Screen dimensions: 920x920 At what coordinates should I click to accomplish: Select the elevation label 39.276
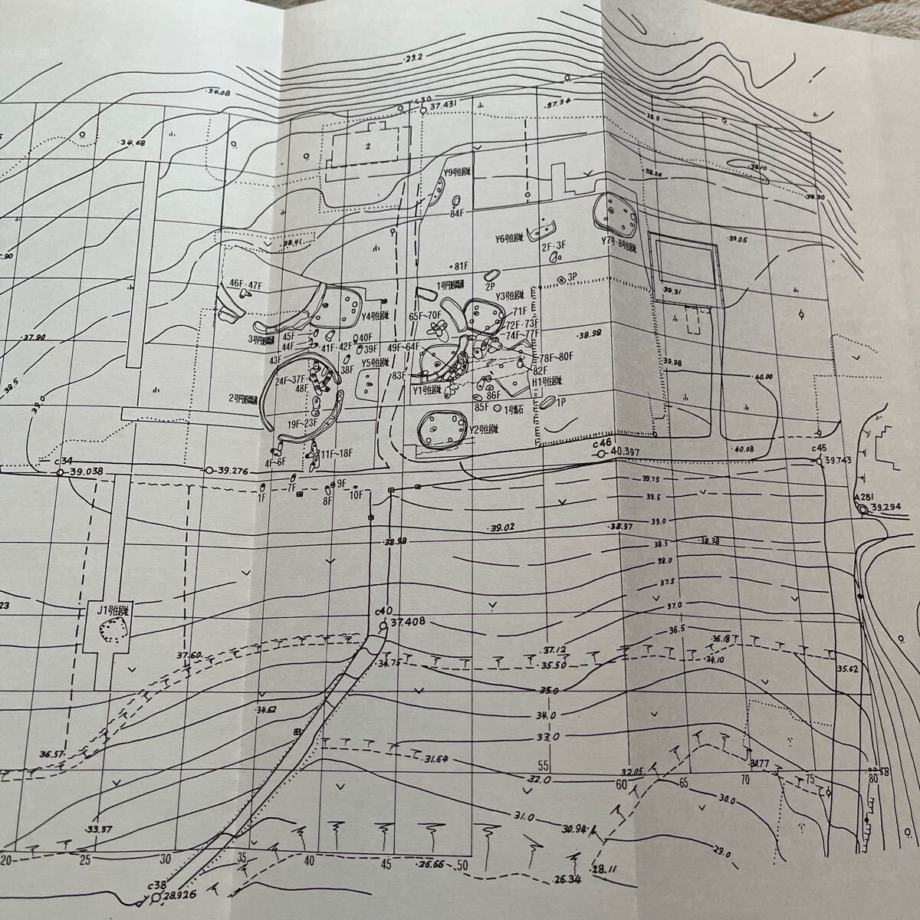tap(235, 470)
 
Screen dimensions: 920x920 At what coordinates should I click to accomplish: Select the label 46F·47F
tap(245, 284)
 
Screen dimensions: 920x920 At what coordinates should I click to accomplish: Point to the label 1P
tap(560, 401)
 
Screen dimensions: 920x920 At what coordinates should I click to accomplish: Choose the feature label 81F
tap(460, 266)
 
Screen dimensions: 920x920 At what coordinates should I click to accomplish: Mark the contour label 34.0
tap(548, 715)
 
